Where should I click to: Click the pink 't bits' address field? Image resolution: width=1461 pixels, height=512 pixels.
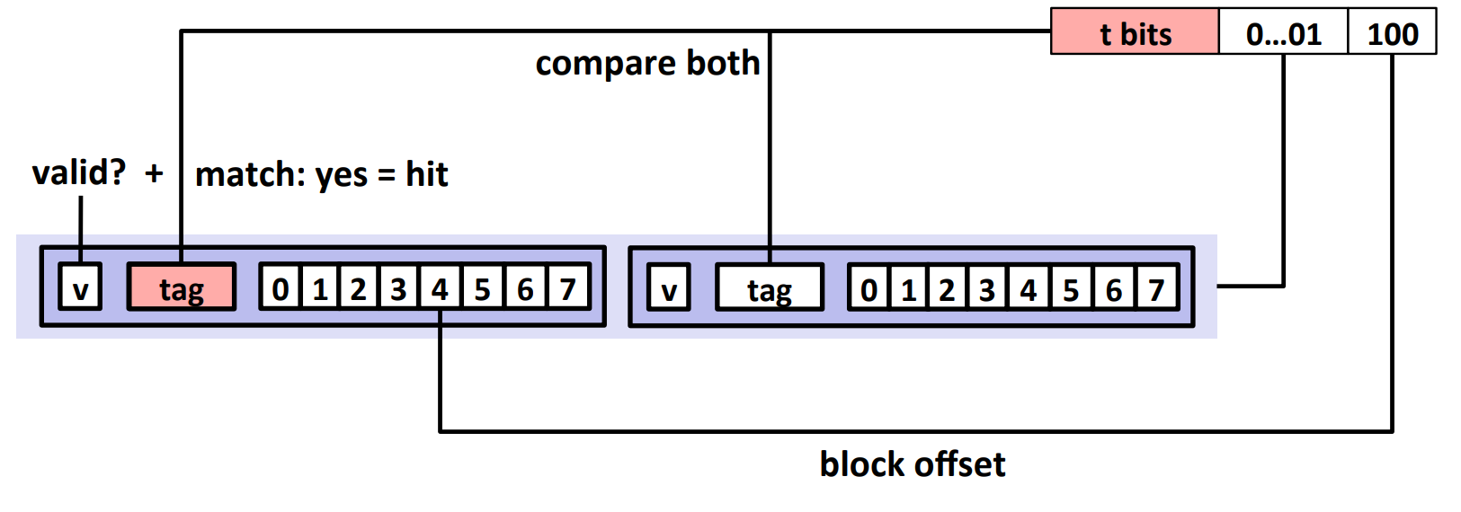coord(1135,31)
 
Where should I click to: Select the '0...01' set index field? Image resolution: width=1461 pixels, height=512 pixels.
coord(1283,31)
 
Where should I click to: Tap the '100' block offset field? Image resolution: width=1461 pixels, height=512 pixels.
coord(1392,31)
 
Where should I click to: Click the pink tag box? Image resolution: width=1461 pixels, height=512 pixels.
coord(182,287)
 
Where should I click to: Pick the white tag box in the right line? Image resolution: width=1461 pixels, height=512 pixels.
coord(770,287)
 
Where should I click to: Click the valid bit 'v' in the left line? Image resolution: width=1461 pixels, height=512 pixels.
coord(80,287)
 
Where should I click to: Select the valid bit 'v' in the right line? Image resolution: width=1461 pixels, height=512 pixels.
coord(669,287)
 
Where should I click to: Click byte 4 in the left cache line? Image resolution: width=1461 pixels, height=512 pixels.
coord(441,287)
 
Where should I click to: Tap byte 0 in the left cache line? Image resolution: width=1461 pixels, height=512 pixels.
coord(281,287)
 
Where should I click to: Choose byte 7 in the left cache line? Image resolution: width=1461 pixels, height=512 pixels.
coord(569,287)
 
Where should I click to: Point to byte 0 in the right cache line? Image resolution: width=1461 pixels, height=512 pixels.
coord(869,287)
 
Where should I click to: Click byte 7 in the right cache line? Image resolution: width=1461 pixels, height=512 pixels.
coord(1157,287)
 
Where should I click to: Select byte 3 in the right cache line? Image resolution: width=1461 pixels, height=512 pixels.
coord(987,287)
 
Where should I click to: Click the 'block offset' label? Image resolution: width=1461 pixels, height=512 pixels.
coord(912,464)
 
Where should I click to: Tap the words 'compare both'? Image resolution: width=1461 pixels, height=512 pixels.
coord(647,64)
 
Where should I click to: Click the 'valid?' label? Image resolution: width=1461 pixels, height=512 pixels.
coord(79,173)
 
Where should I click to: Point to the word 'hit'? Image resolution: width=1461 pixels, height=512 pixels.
coord(426,174)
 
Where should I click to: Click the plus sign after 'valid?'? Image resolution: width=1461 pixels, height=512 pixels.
coord(154,174)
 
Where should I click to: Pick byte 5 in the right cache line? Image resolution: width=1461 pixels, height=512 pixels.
coord(1070,287)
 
